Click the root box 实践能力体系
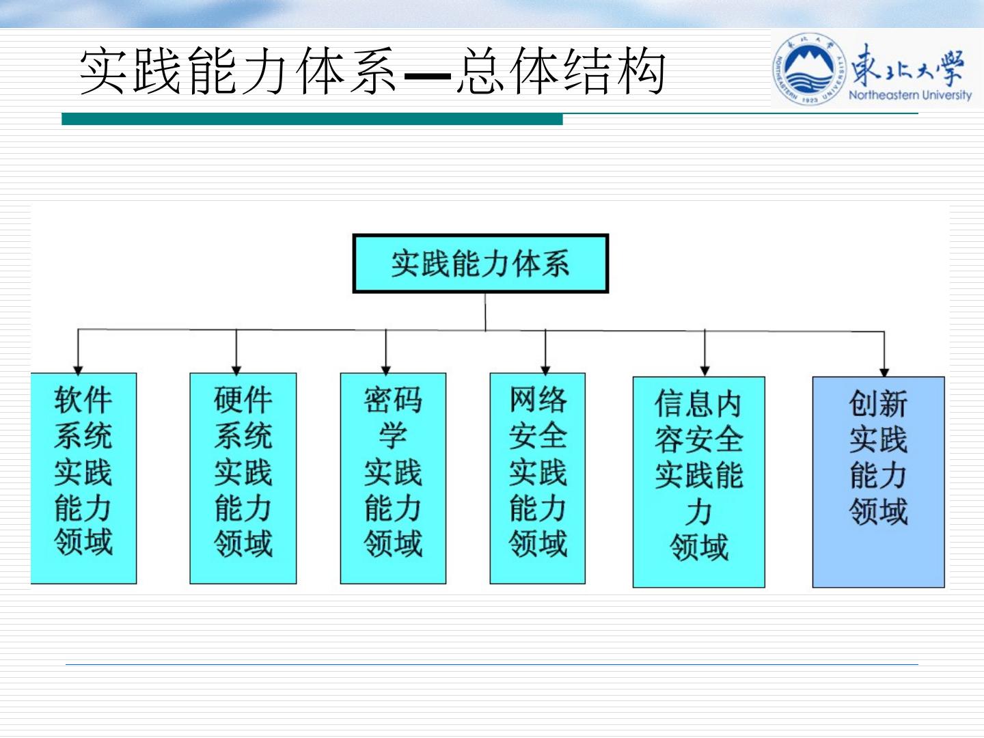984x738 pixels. [480, 264]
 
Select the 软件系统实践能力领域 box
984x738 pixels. [83, 478]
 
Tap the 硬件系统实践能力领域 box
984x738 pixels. [243, 478]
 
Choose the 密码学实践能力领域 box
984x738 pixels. [393, 478]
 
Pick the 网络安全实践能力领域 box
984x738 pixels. [538, 478]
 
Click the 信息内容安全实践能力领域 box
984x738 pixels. [698, 481]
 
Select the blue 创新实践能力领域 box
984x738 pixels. [878, 481]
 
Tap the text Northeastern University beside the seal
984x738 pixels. [910, 95]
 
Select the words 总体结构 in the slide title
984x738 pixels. [560, 72]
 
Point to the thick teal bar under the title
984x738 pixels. [312, 120]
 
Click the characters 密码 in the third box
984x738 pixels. [393, 400]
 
